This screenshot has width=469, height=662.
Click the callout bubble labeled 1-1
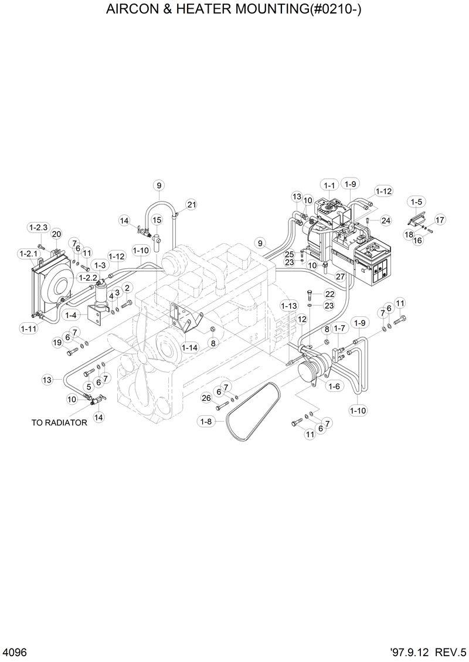point(329,185)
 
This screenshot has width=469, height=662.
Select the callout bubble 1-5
point(416,202)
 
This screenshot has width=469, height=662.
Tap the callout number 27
point(339,275)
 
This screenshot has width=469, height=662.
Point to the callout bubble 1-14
point(189,347)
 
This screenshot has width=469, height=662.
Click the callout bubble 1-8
point(205,421)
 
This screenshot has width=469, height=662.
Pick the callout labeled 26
point(206,398)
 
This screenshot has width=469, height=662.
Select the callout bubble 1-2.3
point(38,227)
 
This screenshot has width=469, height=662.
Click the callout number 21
point(191,204)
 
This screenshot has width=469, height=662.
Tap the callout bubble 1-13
point(289,306)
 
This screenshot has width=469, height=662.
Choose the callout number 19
point(57,342)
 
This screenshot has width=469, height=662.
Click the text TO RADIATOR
point(59,422)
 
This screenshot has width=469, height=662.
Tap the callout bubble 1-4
point(71,315)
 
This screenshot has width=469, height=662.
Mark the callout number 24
point(385,221)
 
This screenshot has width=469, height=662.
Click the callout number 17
point(440,220)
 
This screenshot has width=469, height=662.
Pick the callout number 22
point(329,294)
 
